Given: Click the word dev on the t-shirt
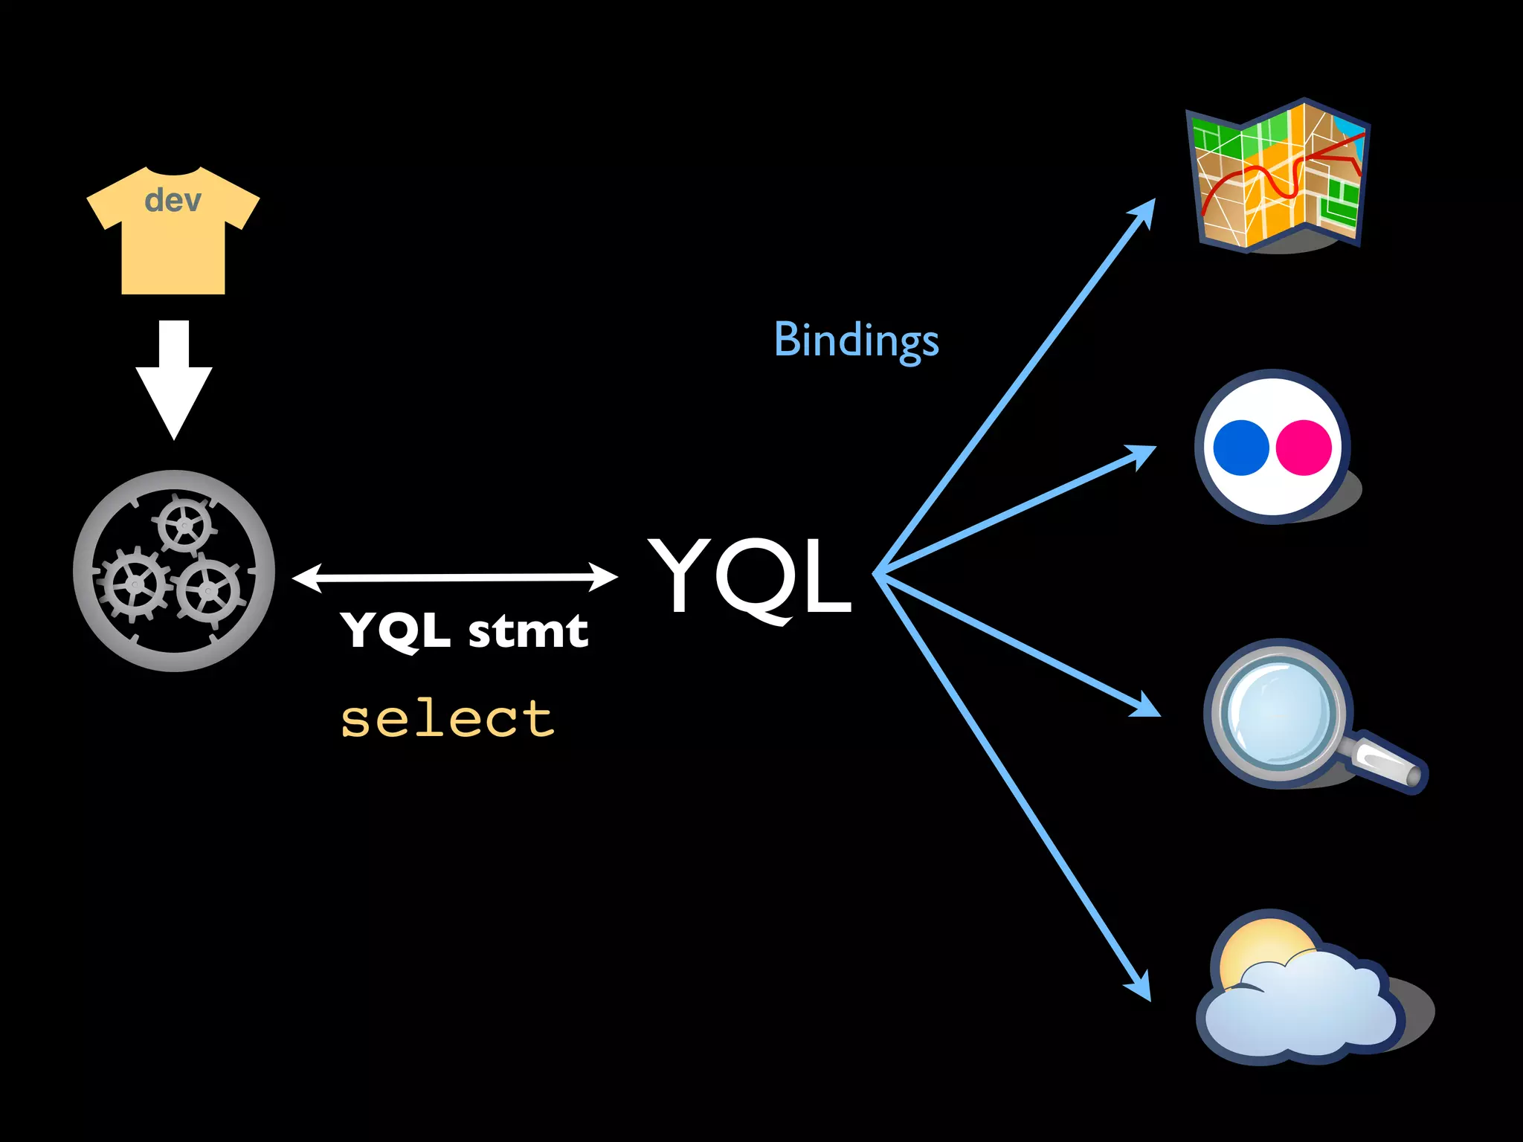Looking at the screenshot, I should pos(173,201).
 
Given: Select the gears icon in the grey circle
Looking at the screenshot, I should pos(174,571).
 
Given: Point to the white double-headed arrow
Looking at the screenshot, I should pos(455,577).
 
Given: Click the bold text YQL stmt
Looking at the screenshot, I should pos(464,630).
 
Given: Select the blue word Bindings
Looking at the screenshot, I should pos(856,341).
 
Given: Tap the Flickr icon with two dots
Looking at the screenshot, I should pos(1273,447).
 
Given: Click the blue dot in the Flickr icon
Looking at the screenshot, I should pos(1240,448).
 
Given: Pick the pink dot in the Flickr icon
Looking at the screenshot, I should pos(1304,448).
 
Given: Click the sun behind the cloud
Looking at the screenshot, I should pos(1264,948).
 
